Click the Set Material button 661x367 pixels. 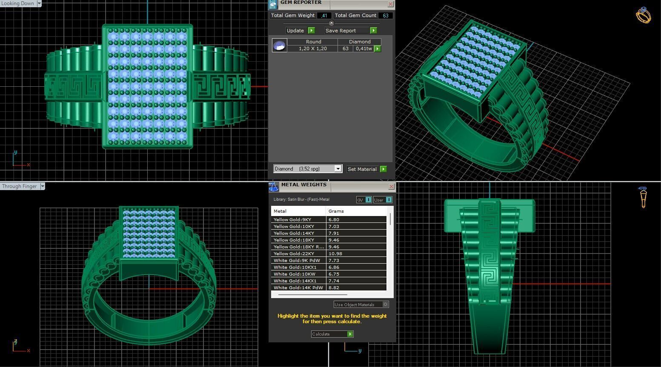(x=366, y=169)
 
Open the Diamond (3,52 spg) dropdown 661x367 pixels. (x=338, y=169)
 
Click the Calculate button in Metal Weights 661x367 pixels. (x=332, y=334)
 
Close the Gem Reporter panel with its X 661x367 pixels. (x=390, y=4)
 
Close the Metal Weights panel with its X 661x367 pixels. (x=391, y=186)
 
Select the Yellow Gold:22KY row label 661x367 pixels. (x=294, y=253)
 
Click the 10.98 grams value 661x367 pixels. (x=335, y=253)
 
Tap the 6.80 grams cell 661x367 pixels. (x=334, y=219)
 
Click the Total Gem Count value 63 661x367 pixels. (x=386, y=15)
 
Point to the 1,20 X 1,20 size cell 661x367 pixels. (x=312, y=48)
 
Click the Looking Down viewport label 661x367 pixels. (x=18, y=3)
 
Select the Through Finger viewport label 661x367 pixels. (x=20, y=186)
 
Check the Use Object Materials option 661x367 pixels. (x=385, y=304)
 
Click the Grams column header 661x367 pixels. (x=336, y=211)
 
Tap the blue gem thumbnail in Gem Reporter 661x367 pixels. (x=279, y=46)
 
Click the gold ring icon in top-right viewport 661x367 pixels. (x=643, y=16)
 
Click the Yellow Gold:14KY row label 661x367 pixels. (x=294, y=233)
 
